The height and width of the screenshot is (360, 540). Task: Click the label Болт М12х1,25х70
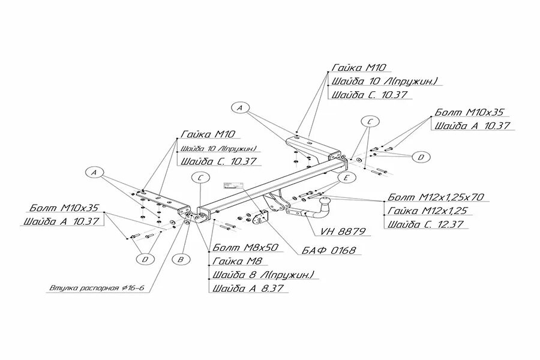pyautogui.click(x=436, y=197)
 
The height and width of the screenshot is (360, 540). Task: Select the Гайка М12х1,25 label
pyautogui.click(x=427, y=211)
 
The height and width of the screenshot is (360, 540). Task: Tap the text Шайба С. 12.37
pyautogui.click(x=426, y=225)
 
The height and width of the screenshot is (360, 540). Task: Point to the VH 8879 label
pyautogui.click(x=343, y=230)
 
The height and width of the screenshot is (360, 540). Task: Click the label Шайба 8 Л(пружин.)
pyautogui.click(x=262, y=275)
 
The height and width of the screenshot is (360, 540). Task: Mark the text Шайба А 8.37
pyautogui.click(x=247, y=289)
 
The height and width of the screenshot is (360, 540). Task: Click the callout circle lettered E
pyautogui.click(x=345, y=178)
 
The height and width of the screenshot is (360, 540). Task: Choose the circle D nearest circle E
pyautogui.click(x=421, y=157)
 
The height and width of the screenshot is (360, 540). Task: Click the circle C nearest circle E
pyautogui.click(x=370, y=122)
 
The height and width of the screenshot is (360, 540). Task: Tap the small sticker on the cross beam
pyautogui.click(x=230, y=185)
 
